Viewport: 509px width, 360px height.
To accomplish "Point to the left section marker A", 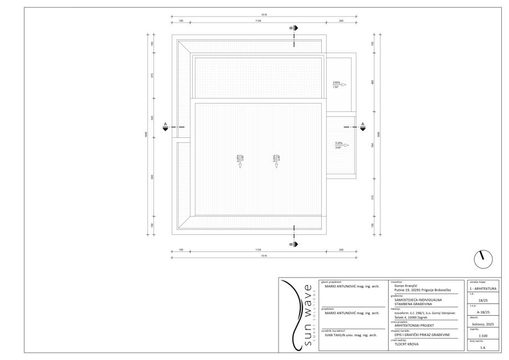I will coord(165,127).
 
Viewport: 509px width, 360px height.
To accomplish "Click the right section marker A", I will coord(363,127).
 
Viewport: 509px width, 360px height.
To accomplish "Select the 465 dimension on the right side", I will coord(373,83).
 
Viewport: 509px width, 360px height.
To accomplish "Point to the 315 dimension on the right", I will coord(373,197).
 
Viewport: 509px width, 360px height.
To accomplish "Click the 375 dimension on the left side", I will coord(152,76).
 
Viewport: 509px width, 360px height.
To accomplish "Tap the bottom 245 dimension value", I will coord(341,250).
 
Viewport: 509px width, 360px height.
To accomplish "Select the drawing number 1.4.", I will coord(483,347).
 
